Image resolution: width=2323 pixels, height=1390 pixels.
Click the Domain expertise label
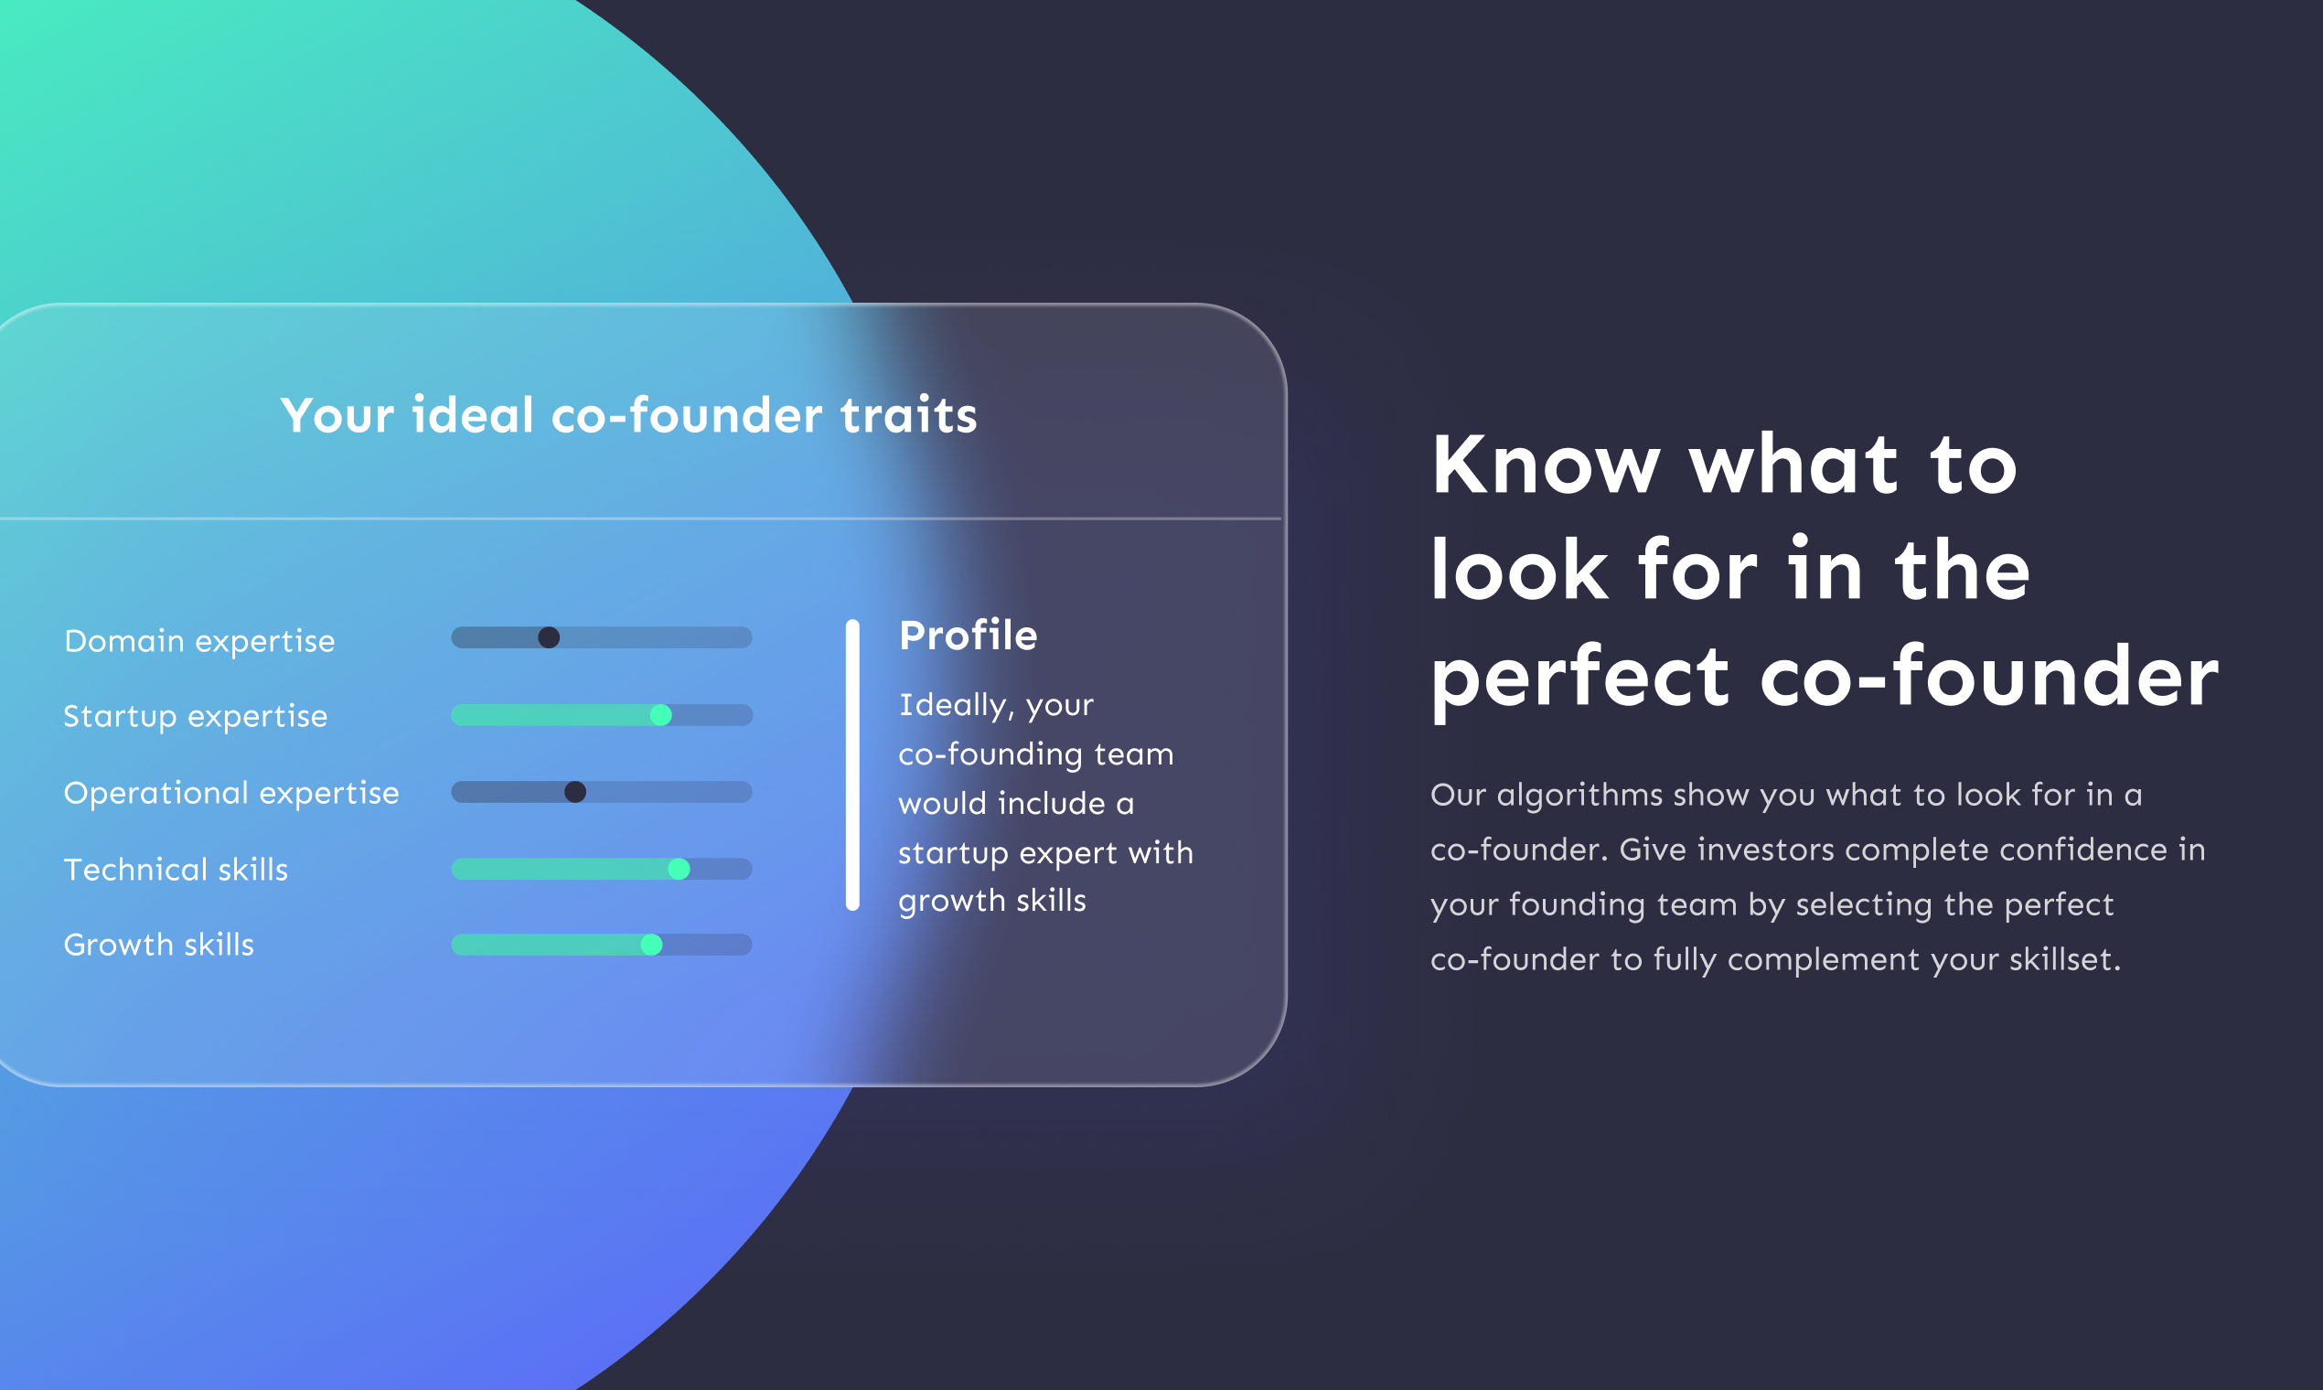pyautogui.click(x=198, y=642)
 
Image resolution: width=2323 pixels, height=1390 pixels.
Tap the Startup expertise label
pyautogui.click(x=195, y=717)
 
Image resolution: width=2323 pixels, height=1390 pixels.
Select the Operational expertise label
pyautogui.click(x=230, y=794)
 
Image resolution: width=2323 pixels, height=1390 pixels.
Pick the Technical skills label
pyautogui.click(x=176, y=871)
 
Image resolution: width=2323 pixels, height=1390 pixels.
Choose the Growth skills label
pyautogui.click(x=158, y=945)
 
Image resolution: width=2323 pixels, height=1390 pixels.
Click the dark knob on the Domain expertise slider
pyautogui.click(x=549, y=638)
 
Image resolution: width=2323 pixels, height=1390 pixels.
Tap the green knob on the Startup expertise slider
pyautogui.click(x=660, y=716)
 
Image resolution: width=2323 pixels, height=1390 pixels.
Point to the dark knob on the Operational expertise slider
pyautogui.click(x=575, y=793)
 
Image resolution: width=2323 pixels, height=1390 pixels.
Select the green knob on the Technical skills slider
pyautogui.click(x=680, y=870)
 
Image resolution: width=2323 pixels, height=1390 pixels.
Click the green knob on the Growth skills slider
pyautogui.click(x=651, y=945)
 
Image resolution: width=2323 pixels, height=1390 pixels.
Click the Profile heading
pyautogui.click(x=968, y=636)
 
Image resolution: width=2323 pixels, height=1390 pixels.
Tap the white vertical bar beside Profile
pyautogui.click(x=852, y=764)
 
